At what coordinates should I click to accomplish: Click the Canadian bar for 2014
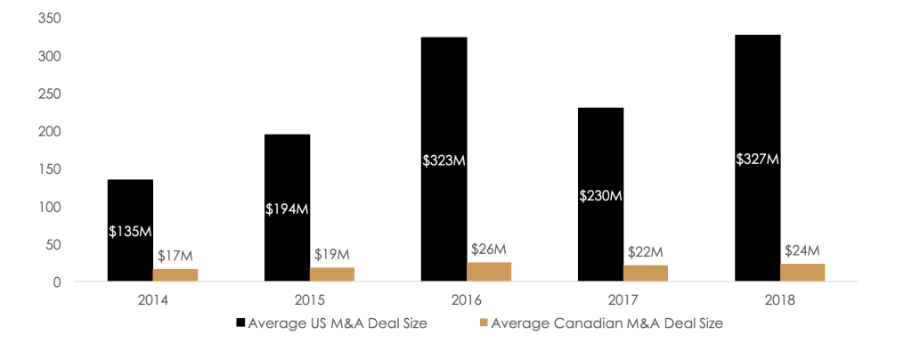click(x=175, y=274)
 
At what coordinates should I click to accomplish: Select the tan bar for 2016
click(x=489, y=272)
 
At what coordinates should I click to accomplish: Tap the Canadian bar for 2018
click(x=802, y=273)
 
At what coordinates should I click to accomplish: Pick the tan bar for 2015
click(x=332, y=274)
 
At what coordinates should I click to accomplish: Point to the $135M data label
click(x=130, y=231)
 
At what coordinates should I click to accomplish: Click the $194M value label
click(x=287, y=209)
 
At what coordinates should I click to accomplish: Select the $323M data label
click(x=444, y=160)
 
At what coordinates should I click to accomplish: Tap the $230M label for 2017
click(x=600, y=195)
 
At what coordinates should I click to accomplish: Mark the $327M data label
click(x=757, y=159)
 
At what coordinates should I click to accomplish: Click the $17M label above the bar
click(x=175, y=257)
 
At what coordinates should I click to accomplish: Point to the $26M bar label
click(x=489, y=249)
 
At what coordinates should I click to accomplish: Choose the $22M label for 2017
click(x=646, y=252)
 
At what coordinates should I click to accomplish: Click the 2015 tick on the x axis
click(x=309, y=300)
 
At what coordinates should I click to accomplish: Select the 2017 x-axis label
click(x=623, y=300)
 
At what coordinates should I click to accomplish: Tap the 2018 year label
click(x=779, y=300)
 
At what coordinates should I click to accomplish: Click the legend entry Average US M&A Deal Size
click(x=338, y=324)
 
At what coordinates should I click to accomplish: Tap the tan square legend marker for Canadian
click(x=484, y=324)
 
